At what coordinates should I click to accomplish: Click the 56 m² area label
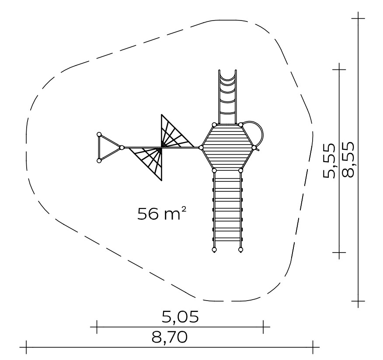162,213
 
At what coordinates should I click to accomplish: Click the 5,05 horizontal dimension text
180,317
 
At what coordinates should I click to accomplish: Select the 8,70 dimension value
170,337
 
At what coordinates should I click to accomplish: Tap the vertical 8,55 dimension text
348,159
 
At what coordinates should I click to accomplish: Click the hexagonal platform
227,147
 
